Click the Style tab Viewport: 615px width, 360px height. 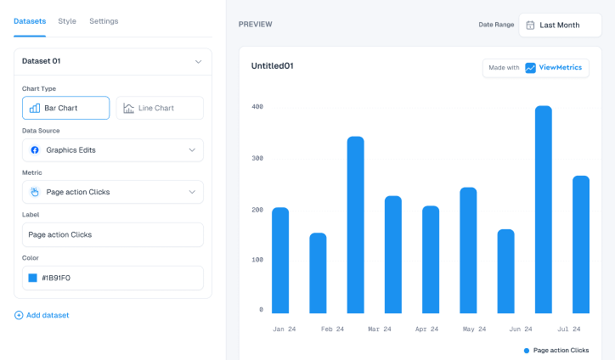click(x=67, y=21)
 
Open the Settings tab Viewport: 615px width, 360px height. click(x=104, y=21)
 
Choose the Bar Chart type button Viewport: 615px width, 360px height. click(x=66, y=108)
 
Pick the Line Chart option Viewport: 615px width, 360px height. click(x=160, y=108)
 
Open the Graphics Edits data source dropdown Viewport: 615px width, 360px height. click(x=113, y=150)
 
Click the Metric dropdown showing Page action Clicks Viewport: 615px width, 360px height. click(x=113, y=192)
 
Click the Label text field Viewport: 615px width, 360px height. click(x=113, y=234)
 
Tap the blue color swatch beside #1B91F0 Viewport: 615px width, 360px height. click(x=33, y=278)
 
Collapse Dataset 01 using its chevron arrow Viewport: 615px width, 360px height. click(x=198, y=61)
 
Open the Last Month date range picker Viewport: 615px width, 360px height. click(x=559, y=25)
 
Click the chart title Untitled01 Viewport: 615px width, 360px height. click(x=273, y=65)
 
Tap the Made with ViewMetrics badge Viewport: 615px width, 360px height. click(x=536, y=68)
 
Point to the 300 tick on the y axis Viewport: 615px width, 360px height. click(x=257, y=158)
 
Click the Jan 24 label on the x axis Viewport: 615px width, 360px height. click(x=284, y=329)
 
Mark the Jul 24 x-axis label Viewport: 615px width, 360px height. click(x=569, y=329)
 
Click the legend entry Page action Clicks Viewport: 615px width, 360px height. click(x=556, y=350)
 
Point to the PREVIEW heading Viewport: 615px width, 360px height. click(x=255, y=25)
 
